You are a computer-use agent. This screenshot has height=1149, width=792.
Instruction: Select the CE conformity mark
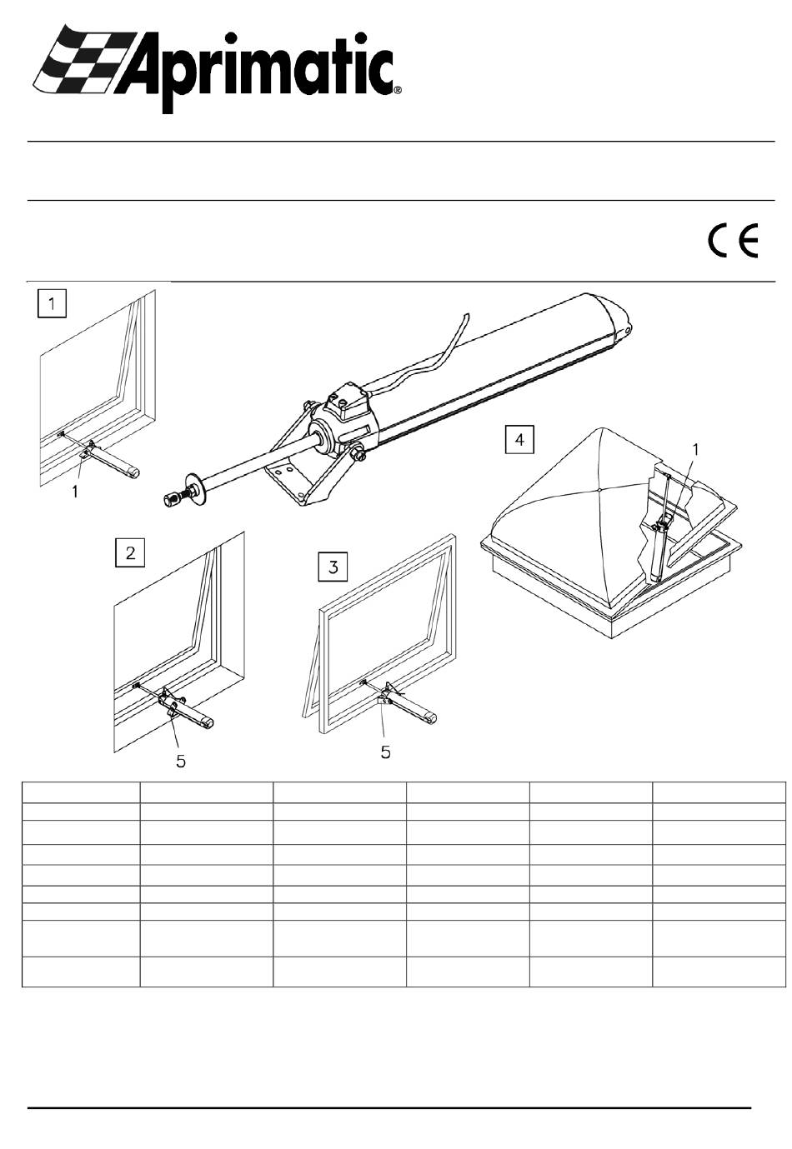tap(733, 241)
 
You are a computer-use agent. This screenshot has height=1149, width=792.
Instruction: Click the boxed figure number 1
tap(52, 303)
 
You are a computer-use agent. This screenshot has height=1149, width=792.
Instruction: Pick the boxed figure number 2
tap(130, 552)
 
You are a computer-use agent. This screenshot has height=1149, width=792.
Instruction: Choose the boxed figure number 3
tap(333, 567)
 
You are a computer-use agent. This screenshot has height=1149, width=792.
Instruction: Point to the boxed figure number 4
tap(519, 440)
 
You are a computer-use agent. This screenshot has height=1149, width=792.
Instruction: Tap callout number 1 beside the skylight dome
tap(695, 450)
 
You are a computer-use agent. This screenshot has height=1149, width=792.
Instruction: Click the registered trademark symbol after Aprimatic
tap(398, 91)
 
